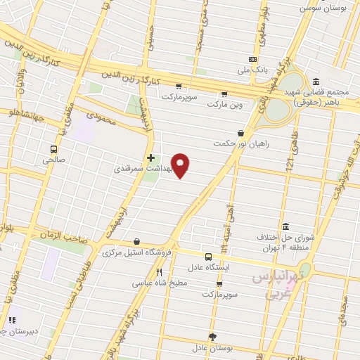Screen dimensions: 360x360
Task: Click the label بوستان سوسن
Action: (320, 8)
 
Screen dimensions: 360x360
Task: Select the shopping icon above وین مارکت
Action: (224, 94)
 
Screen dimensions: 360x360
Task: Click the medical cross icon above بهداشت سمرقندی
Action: (150, 157)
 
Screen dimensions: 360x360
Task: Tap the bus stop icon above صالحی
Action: (53, 149)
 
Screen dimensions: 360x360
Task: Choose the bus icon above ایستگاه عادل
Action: (208, 257)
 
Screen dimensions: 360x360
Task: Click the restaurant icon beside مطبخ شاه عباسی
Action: (160, 273)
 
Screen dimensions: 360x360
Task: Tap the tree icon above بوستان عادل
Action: (213, 337)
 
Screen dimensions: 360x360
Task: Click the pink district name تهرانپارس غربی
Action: (278, 283)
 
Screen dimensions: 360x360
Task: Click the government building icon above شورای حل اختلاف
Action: (285, 226)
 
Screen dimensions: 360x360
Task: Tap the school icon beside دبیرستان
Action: (11, 320)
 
